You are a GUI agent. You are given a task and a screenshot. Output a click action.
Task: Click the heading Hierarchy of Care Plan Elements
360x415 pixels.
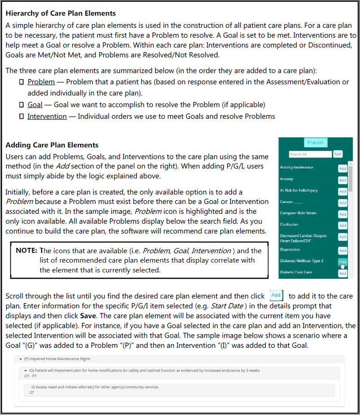[x=61, y=13]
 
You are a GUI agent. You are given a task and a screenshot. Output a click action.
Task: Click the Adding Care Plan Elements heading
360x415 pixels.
[x=52, y=145]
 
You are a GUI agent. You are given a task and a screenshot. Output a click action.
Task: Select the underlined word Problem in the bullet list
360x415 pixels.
[x=41, y=82]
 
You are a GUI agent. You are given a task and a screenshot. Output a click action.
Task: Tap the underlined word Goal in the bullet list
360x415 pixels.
[x=35, y=105]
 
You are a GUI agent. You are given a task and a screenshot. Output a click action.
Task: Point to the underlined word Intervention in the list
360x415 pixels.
[x=47, y=117]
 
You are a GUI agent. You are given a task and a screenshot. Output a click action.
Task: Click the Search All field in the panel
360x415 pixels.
[x=309, y=154]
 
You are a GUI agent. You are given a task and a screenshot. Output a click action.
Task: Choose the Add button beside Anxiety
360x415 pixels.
[x=343, y=180]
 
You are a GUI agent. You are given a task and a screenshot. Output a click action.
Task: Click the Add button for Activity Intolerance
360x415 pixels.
[x=343, y=168]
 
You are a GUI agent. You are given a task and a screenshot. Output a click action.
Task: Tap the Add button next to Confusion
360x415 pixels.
[x=343, y=225]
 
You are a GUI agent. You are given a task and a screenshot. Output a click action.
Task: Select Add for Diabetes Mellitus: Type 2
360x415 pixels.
[x=343, y=262]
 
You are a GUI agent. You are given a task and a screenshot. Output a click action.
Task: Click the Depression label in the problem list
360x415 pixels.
[x=290, y=250]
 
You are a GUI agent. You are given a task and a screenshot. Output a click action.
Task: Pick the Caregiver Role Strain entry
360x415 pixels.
[x=298, y=213]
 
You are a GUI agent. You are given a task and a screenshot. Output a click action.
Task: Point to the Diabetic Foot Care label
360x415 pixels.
[x=295, y=272]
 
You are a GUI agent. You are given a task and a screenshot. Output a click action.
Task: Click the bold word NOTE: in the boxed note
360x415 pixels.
[x=26, y=251]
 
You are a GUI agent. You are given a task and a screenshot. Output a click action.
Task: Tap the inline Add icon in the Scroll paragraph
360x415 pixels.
[x=276, y=295]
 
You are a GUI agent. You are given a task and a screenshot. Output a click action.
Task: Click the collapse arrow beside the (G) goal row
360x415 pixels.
[x=26, y=371]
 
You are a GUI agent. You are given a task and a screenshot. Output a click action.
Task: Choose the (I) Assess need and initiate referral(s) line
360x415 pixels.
[x=95, y=387]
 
